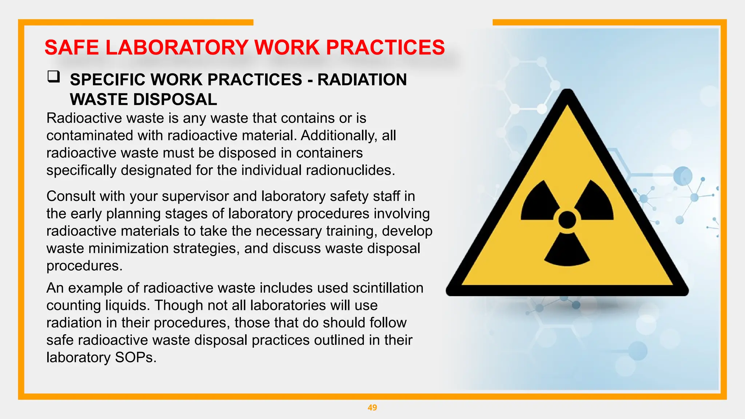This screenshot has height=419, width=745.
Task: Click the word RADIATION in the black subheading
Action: coord(362,80)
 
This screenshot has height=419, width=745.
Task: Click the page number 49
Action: coord(372,408)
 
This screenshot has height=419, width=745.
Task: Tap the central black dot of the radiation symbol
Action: coord(567,220)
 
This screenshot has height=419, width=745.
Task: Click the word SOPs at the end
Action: coord(135,358)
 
